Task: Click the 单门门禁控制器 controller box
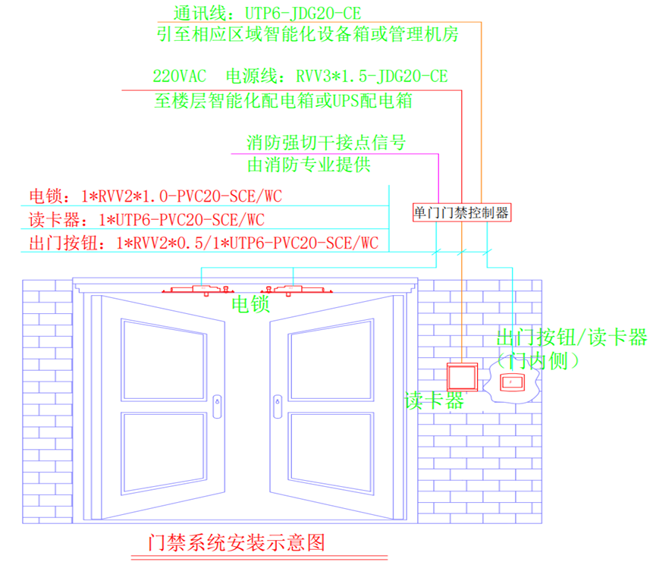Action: click(462, 212)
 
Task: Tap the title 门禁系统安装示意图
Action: click(237, 543)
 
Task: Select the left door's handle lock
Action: click(217, 406)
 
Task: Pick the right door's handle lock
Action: click(278, 406)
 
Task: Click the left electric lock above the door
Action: click(198, 290)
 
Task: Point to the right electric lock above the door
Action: click(297, 290)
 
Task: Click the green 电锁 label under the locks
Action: click(250, 304)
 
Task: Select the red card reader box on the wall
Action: click(463, 377)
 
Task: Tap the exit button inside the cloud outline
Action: click(512, 382)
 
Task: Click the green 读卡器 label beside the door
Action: click(435, 401)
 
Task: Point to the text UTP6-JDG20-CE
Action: click(303, 14)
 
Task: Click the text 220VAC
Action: click(180, 76)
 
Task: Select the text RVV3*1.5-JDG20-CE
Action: click(372, 76)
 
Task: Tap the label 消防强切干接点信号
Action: click(326, 143)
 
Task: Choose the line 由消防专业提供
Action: click(309, 165)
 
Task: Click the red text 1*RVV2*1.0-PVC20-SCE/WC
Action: click(181, 196)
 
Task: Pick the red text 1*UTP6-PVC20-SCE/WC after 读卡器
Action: click(181, 220)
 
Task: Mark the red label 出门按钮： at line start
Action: click(67, 243)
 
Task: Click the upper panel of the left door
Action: click(164, 360)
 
